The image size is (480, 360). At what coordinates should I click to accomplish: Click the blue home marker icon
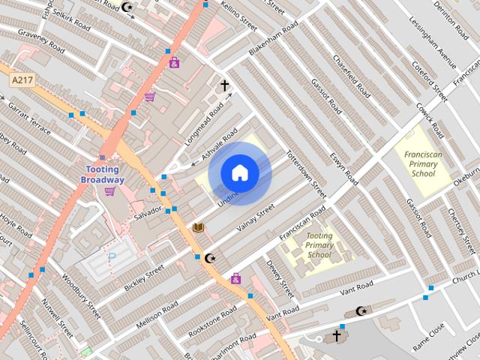[x=239, y=173]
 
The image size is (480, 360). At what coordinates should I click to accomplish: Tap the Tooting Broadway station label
[x=103, y=175]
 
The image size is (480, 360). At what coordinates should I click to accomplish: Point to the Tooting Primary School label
[x=320, y=245]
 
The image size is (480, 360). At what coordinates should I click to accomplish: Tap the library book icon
[x=199, y=226]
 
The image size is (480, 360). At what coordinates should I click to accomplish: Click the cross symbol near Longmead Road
[x=224, y=85]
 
